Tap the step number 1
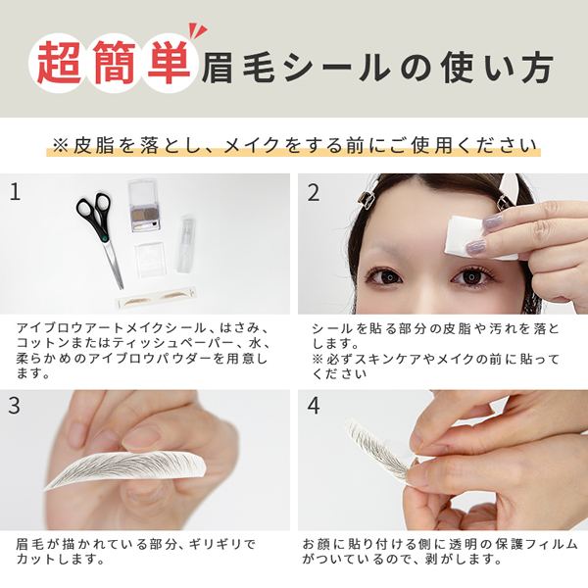coord(15,192)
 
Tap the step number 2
coord(314,192)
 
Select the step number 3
coord(15,405)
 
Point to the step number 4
coord(314,405)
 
